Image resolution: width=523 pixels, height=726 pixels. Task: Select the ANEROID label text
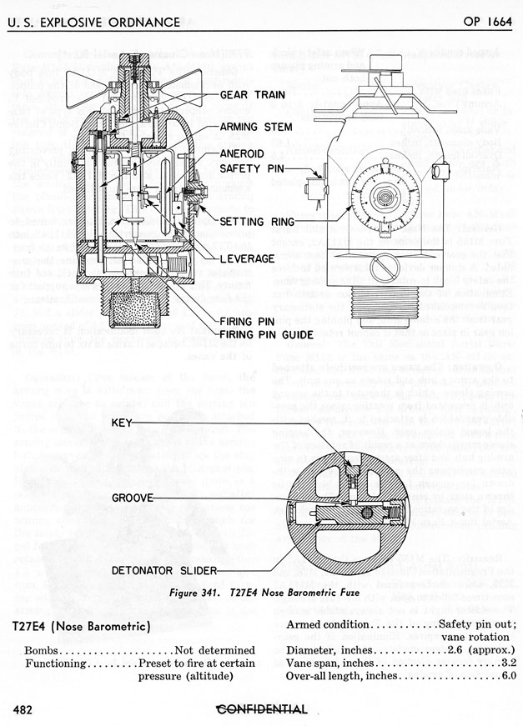(x=244, y=154)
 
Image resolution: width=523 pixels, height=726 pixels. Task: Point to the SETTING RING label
(x=264, y=222)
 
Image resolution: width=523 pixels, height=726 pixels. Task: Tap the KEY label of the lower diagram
(x=123, y=423)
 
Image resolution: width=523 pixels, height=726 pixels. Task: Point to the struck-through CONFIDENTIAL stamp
(x=261, y=709)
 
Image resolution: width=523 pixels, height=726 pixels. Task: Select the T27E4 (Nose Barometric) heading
(x=81, y=625)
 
